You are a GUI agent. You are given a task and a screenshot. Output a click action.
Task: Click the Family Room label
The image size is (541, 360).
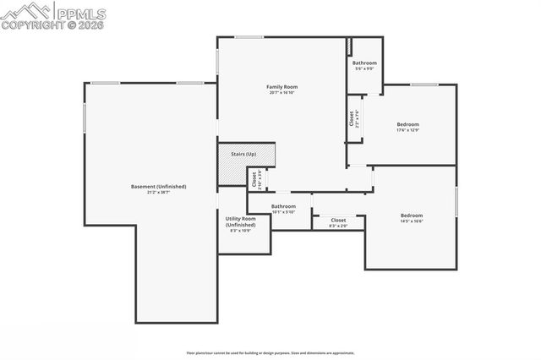point(282,86)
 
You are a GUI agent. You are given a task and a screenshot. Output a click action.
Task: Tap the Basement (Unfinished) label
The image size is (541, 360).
point(158,186)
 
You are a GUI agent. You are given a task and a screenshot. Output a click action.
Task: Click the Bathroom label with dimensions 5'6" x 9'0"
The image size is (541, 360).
point(364,63)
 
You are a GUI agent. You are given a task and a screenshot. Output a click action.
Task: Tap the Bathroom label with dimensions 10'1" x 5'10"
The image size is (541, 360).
point(283,206)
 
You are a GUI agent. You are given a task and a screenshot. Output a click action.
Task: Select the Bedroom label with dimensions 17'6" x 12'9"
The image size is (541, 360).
point(407,124)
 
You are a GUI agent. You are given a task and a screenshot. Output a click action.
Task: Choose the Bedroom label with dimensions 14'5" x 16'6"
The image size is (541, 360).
point(412,215)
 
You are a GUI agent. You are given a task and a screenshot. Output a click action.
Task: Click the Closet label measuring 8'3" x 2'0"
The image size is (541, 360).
point(338,220)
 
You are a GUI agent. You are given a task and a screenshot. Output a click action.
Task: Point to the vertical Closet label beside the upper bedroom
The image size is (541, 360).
point(352,118)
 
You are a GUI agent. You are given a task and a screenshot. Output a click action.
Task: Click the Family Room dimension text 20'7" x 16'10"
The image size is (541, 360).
point(282,93)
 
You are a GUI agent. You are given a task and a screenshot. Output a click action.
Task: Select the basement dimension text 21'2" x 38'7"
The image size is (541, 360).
point(158,193)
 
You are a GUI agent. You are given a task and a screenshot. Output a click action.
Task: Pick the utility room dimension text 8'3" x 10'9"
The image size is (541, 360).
point(240,231)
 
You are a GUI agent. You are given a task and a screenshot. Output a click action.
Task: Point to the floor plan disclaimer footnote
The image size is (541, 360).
point(270,353)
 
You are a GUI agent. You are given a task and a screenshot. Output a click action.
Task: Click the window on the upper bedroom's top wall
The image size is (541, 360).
point(424,85)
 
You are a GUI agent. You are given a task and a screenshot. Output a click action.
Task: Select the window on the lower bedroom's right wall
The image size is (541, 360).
point(456,203)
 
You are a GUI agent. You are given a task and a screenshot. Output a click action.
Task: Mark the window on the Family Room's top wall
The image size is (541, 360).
point(248,37)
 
